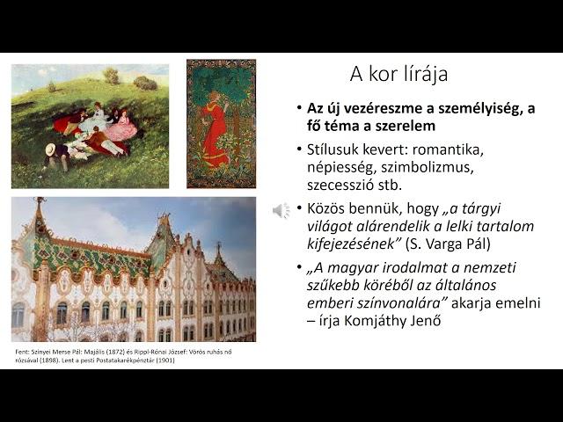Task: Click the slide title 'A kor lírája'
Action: (x=398, y=74)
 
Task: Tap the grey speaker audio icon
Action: (x=281, y=210)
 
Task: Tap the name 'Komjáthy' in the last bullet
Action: (x=376, y=320)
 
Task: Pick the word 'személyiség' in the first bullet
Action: (x=479, y=108)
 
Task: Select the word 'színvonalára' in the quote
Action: (x=402, y=302)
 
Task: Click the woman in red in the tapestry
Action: (x=216, y=129)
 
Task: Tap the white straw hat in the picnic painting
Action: (x=50, y=149)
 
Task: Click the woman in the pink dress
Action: (x=122, y=127)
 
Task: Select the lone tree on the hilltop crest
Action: (x=112, y=76)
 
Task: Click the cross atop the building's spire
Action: (x=218, y=246)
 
